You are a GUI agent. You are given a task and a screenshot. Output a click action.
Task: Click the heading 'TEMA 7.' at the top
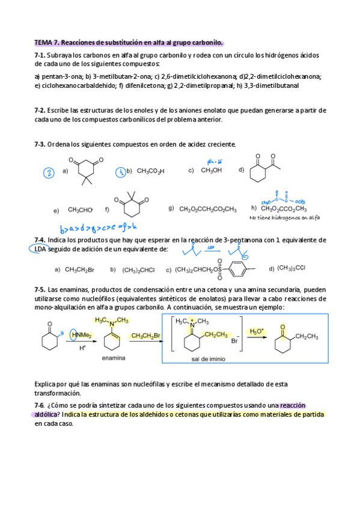coord(47,43)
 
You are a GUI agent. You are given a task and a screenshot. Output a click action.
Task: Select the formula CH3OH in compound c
coord(211,170)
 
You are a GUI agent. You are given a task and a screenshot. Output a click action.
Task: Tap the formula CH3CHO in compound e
coord(80,210)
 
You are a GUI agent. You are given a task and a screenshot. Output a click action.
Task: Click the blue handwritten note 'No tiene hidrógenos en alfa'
coord(284,218)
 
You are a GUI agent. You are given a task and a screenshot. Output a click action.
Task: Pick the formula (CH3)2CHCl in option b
coord(138,269)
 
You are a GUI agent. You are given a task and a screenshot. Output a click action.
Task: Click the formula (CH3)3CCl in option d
coord(294,268)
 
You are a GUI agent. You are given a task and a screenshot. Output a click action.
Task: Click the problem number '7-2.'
coord(40,111)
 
